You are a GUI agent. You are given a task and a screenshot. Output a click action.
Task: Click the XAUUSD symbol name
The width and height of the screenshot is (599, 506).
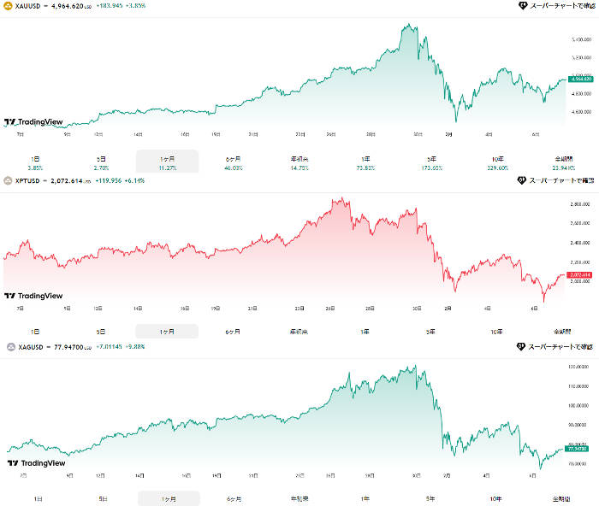coord(27,5)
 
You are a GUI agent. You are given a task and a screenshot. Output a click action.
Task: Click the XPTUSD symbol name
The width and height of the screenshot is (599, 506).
coord(27,180)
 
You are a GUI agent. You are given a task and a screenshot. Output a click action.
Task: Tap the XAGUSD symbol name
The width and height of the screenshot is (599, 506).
coord(28,347)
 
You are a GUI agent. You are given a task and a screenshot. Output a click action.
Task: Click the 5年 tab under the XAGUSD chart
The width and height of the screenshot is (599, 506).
coord(430,498)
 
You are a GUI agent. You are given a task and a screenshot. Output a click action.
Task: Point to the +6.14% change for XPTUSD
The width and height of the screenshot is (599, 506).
coord(134,180)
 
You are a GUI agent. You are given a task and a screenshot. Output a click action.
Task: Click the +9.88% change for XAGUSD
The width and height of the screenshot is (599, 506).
coord(136,347)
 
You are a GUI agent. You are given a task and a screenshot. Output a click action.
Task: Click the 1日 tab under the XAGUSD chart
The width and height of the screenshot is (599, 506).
coord(37,498)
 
